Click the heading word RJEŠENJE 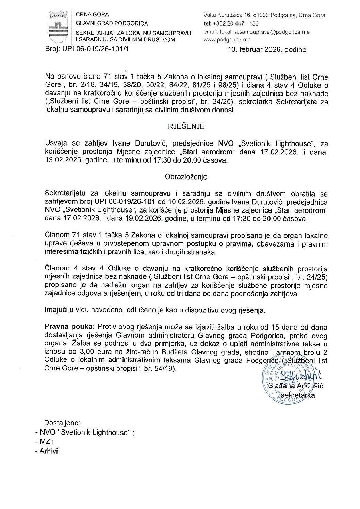point(186,126)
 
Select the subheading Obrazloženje point(186,177)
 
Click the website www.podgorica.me point(227,39)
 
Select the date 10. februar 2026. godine point(267,50)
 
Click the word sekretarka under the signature point(298,395)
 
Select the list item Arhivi point(49,451)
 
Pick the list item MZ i point(47,442)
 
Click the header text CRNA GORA point(92,15)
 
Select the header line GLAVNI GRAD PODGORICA point(112,23)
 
